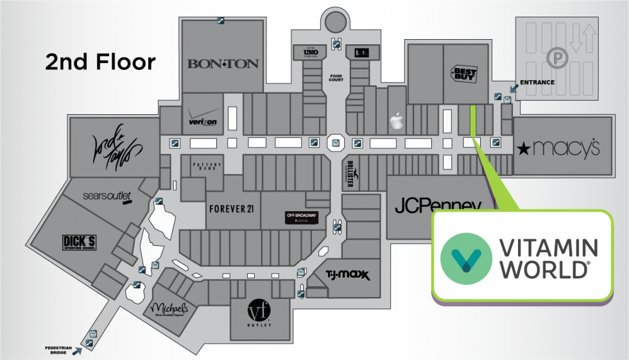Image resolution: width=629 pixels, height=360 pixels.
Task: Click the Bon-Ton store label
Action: pyautogui.click(x=223, y=64)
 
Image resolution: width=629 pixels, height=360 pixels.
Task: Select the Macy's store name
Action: pyautogui.click(x=558, y=149)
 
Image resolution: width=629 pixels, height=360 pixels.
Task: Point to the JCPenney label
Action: pyautogui.click(x=438, y=206)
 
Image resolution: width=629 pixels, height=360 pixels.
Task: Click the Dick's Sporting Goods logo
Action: pyautogui.click(x=79, y=243)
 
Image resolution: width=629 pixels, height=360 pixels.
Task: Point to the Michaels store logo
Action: pyautogui.click(x=170, y=309)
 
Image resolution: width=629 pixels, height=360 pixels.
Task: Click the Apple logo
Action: pyautogui.click(x=397, y=120)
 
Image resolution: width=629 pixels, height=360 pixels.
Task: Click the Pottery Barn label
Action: pyautogui.click(x=207, y=166)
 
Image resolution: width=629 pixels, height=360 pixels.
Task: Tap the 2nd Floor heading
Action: pyautogui.click(x=100, y=62)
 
